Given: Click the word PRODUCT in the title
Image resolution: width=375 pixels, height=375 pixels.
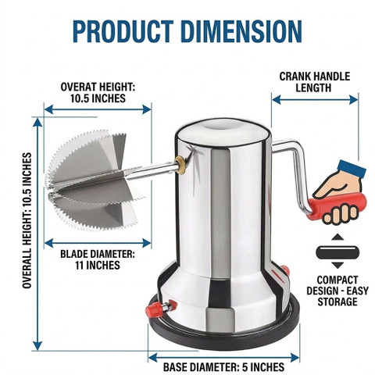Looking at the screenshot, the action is [x=123, y=31].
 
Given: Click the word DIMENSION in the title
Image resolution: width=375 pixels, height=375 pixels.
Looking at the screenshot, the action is [x=241, y=31].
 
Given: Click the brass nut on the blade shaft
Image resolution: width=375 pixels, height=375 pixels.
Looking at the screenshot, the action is [x=180, y=165].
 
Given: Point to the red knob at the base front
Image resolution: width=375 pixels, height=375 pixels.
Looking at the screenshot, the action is [x=161, y=308].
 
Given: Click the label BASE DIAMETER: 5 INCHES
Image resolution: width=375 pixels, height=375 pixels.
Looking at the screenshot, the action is [x=223, y=366].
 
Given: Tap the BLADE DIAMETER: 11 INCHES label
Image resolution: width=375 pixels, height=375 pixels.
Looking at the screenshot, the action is [x=98, y=259].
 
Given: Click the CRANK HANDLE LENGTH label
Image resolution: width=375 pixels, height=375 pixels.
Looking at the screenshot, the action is [x=315, y=82].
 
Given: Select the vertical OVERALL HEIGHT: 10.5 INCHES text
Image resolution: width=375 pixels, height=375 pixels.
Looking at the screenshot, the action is [x=27, y=220].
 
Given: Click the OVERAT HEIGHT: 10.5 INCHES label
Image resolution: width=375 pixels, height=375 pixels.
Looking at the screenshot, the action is [x=98, y=92].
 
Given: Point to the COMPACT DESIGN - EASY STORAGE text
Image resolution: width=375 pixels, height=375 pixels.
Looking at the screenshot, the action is [x=337, y=291].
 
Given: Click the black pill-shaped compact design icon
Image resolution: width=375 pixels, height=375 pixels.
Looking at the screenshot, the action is [x=337, y=252].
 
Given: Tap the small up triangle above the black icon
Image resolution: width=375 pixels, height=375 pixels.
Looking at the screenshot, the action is [x=337, y=237].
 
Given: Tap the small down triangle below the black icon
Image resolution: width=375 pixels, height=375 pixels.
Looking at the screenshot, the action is [x=337, y=266].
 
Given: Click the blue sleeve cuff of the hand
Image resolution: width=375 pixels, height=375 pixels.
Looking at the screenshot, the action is [x=352, y=169].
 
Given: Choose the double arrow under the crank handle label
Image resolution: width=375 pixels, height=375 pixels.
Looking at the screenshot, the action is [x=315, y=100].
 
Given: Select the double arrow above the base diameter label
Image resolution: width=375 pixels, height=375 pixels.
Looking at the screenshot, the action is [x=223, y=357].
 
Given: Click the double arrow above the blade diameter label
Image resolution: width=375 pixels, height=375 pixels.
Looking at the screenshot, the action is [x=98, y=243].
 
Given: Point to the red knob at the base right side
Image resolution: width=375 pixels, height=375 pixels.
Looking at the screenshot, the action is [x=284, y=270].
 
